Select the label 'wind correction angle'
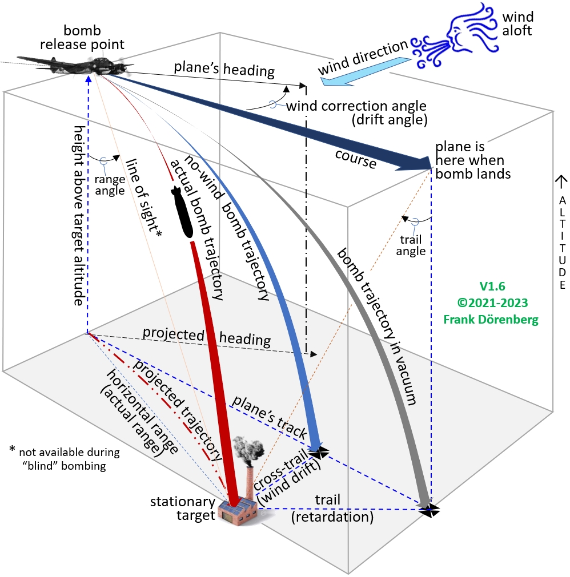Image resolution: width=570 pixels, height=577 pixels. click(356, 106)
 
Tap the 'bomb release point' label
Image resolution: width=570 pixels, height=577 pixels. click(94, 37)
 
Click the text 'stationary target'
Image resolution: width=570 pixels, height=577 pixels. click(182, 509)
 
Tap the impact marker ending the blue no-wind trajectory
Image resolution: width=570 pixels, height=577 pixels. click(318, 451)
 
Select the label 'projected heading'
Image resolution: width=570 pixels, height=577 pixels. click(206, 336)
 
